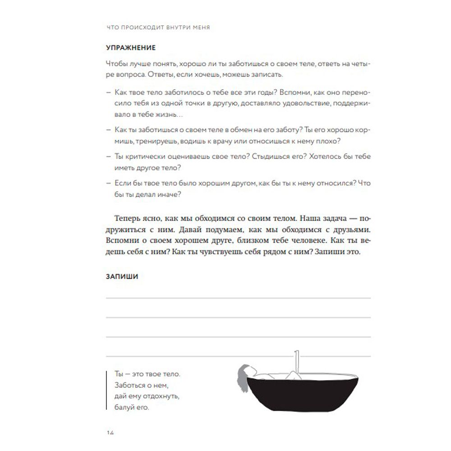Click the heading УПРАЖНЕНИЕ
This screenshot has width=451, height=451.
(130, 47)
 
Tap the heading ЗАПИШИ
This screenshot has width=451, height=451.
(122, 277)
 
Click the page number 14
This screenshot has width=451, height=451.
(109, 433)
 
